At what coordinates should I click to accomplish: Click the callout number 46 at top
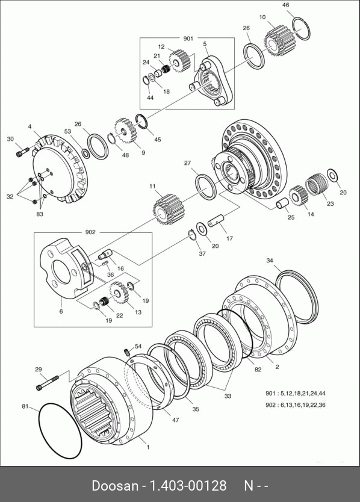tap(286, 5)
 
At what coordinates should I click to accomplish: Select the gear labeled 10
tap(276, 41)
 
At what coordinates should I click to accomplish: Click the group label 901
tap(188, 39)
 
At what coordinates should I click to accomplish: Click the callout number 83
tap(39, 214)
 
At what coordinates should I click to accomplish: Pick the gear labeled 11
tap(167, 209)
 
